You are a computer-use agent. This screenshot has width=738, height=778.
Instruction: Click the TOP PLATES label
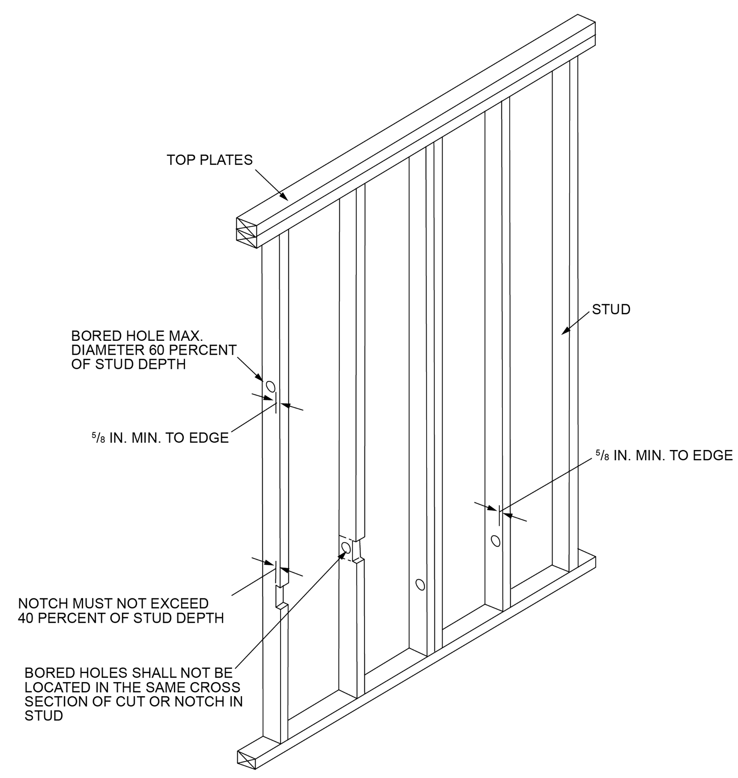coord(209,160)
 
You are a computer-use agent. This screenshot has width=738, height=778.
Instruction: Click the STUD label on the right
coord(611,309)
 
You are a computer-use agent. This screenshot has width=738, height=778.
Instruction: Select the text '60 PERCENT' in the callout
coord(193,350)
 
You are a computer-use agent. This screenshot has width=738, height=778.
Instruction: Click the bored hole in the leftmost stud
coord(270,387)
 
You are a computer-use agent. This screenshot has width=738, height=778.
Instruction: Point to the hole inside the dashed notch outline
coord(346,548)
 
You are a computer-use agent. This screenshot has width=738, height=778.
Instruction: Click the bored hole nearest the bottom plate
coord(420,585)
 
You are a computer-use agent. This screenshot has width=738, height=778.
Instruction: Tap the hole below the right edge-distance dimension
coord(496,541)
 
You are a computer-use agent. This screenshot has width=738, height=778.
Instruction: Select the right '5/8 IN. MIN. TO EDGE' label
coord(664,455)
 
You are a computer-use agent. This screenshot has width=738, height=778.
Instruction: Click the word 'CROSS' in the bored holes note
coord(221,687)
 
